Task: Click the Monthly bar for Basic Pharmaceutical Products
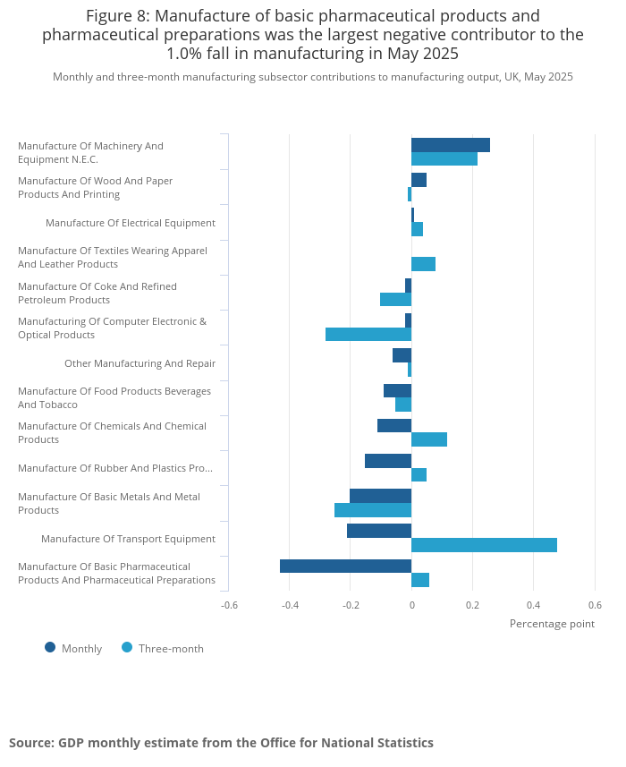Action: (x=345, y=566)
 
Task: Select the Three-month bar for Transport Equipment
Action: (x=484, y=545)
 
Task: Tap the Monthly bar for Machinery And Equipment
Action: (x=451, y=145)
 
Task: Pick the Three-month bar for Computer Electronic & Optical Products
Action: (x=368, y=335)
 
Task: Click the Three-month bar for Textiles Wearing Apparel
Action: (x=423, y=264)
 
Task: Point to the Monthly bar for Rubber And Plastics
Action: (x=388, y=461)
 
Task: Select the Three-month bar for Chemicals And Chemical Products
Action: (x=429, y=439)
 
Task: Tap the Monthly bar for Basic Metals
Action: (x=380, y=496)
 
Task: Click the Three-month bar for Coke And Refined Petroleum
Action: (x=395, y=299)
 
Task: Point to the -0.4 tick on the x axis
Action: (x=290, y=605)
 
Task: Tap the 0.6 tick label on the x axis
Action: (x=595, y=605)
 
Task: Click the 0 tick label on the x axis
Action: (x=411, y=605)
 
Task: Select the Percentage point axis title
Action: (x=552, y=624)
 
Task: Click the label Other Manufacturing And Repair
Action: (x=140, y=363)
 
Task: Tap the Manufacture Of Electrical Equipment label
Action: (x=131, y=223)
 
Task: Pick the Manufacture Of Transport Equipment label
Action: (x=128, y=539)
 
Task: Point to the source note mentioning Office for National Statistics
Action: (x=221, y=743)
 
